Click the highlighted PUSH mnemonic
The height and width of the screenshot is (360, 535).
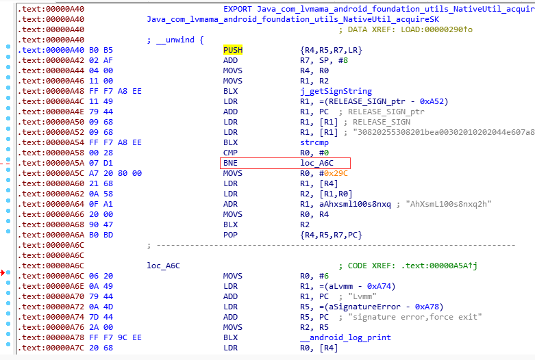(233, 51)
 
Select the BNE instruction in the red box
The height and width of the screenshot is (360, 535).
(231, 163)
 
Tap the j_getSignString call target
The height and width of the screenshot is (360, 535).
(336, 91)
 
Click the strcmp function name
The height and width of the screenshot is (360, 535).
(314, 142)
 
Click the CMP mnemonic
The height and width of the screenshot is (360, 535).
(231, 153)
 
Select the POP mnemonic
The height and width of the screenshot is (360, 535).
(231, 235)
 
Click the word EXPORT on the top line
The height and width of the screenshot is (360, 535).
(238, 10)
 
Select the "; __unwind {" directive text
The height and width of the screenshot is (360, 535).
(175, 40)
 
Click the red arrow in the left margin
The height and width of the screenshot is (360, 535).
(4, 273)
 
